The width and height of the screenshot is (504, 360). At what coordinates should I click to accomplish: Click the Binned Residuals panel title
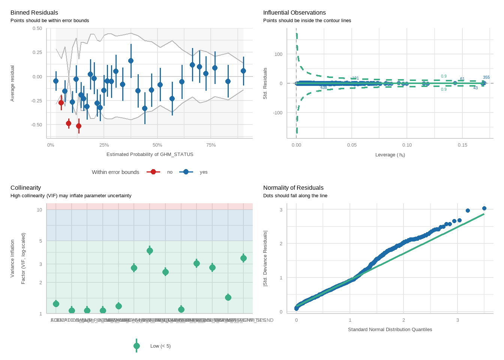[34, 13]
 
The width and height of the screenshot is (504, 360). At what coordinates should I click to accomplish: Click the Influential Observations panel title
[294, 13]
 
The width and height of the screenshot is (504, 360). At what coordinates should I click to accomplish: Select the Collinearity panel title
[25, 188]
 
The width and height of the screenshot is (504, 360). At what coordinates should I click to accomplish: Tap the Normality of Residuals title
[293, 188]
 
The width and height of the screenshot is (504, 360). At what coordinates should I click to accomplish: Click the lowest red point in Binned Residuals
[79, 126]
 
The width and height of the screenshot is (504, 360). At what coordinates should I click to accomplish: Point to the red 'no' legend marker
[153, 172]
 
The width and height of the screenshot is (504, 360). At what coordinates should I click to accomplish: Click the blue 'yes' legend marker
[186, 172]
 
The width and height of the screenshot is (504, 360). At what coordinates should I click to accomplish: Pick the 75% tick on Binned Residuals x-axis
[211, 145]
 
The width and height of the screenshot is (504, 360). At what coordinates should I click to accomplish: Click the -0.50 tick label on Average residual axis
[37, 125]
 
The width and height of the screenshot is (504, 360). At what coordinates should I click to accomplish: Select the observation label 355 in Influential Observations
[486, 78]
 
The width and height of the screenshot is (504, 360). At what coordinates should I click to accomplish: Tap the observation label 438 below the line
[323, 87]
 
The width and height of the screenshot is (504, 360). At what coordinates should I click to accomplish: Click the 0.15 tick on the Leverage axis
[462, 145]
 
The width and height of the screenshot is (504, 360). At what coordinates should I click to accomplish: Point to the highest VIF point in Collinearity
[150, 250]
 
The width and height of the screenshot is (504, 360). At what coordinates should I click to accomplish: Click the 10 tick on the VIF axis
[39, 210]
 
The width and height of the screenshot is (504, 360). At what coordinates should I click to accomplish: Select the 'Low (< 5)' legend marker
[136, 346]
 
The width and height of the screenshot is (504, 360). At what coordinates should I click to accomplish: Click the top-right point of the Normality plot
[484, 208]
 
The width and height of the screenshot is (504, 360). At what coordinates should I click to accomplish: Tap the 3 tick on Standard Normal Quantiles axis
[457, 320]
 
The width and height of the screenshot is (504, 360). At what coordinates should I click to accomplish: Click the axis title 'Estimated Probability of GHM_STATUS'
[150, 154]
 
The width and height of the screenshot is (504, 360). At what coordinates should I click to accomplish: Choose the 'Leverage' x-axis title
[390, 155]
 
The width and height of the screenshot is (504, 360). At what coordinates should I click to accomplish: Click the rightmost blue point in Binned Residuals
[243, 71]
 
